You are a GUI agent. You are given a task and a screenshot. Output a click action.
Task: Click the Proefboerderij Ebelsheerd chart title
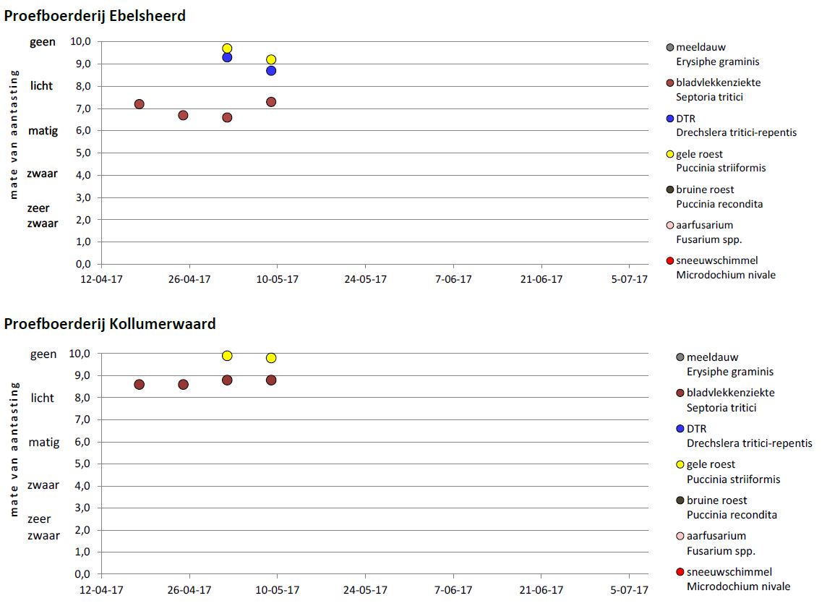pyautogui.click(x=95, y=15)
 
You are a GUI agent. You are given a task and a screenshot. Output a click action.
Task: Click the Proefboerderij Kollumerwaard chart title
pyautogui.click(x=110, y=323)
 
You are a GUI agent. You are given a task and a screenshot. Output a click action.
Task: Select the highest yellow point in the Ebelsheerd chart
pyautogui.click(x=227, y=48)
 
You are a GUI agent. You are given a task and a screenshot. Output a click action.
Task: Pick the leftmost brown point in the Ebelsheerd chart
pyautogui.click(x=139, y=104)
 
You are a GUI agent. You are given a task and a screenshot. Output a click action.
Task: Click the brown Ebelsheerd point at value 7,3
pyautogui.click(x=271, y=102)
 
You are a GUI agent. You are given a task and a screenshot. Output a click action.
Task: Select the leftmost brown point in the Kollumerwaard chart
pyautogui.click(x=139, y=385)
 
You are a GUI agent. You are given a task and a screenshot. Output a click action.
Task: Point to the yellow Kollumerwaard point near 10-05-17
pyautogui.click(x=271, y=358)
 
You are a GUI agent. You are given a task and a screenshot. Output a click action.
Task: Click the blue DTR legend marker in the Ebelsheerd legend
pyautogui.click(x=670, y=119)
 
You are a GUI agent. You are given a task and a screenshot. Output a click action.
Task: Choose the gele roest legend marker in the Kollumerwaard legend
pyautogui.click(x=680, y=464)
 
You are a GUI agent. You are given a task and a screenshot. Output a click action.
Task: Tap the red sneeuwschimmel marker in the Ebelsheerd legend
pyautogui.click(x=670, y=260)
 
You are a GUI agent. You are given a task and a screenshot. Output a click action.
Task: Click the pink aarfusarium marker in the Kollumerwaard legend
pyautogui.click(x=680, y=536)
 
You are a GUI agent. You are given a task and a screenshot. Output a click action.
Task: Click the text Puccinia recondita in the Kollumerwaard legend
pyautogui.click(x=732, y=515)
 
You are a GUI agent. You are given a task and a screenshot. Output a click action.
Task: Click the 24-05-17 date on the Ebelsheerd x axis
pyautogui.click(x=364, y=279)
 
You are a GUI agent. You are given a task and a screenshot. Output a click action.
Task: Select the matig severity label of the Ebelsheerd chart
pyautogui.click(x=43, y=131)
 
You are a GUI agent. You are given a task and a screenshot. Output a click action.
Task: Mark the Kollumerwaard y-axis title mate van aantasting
pyautogui.click(x=14, y=449)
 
